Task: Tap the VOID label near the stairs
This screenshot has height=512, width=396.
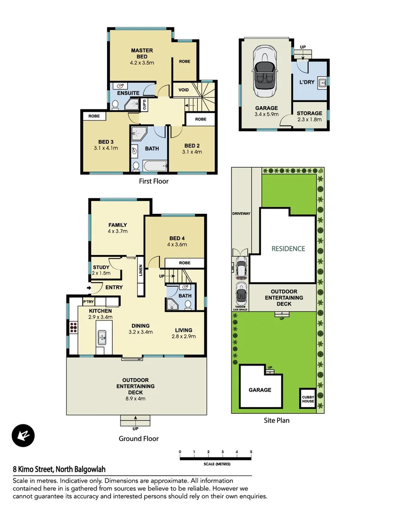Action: pos(184,90)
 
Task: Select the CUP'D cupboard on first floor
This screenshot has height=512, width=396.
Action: pos(144,104)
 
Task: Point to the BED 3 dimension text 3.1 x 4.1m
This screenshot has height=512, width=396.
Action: pos(105,148)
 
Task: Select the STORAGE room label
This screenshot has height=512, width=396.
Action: pos(309,113)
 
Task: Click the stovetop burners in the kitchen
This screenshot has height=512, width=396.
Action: pos(74,327)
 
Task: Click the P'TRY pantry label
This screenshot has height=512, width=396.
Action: pos(88,302)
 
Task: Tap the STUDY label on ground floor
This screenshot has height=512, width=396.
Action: pos(101,267)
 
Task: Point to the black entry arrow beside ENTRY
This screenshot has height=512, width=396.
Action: pos(89,287)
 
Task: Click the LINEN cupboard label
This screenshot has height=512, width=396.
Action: pos(140,271)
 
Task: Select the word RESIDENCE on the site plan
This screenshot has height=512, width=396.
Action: pos(288,248)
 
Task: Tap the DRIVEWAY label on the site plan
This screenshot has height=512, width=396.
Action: pos(241,214)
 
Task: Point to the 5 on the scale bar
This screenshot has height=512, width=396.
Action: pos(251,452)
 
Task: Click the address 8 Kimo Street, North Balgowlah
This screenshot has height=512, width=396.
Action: pos(59,470)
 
